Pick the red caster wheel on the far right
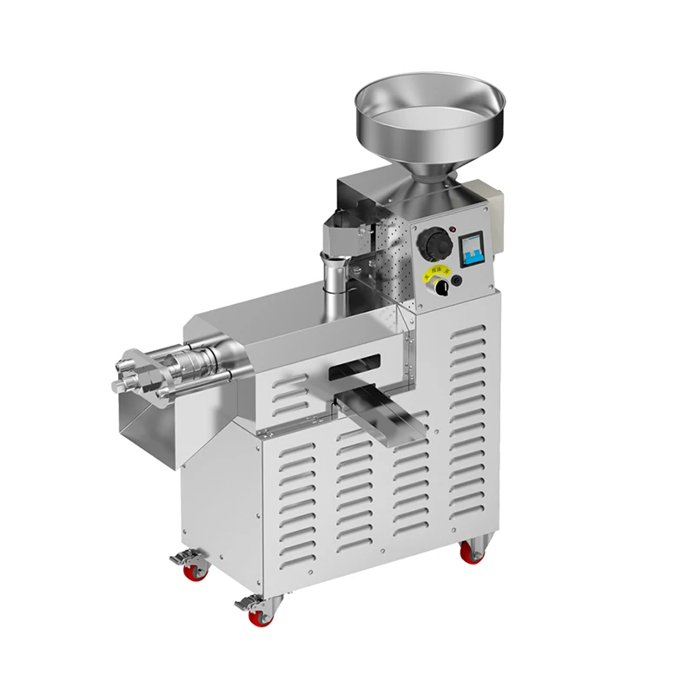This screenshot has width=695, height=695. (x=472, y=553)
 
